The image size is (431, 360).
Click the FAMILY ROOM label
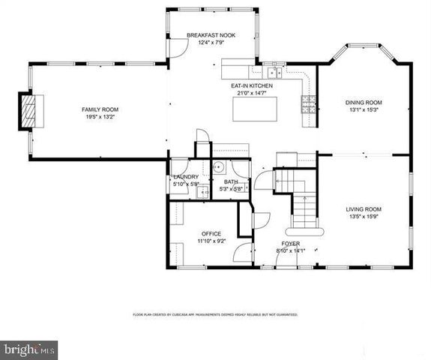[100, 109]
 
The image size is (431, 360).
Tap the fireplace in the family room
[28, 112]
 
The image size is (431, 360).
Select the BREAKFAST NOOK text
[206, 35]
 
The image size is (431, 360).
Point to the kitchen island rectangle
[253, 109]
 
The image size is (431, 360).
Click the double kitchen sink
[274, 73]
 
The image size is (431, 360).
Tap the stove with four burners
[309, 104]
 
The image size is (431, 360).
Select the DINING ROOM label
[364, 102]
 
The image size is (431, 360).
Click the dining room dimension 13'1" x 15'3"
[364, 109]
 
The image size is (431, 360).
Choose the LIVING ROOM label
[364, 208]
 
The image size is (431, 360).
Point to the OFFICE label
[211, 234]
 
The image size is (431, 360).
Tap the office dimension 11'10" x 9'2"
[211, 241]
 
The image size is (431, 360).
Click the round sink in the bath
[219, 167]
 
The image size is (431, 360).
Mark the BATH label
[231, 181]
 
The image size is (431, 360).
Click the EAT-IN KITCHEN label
[251, 85]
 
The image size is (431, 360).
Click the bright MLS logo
[29, 349]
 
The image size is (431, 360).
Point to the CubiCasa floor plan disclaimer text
[214, 315]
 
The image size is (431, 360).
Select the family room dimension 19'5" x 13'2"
[100, 118]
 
